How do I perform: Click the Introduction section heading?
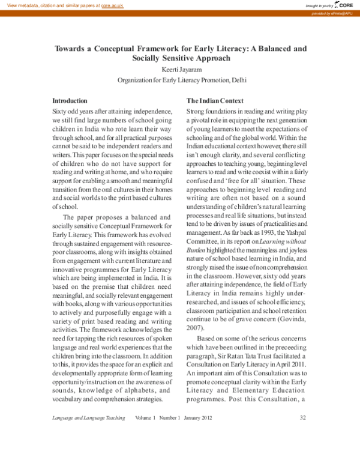pos(70,100)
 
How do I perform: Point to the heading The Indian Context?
pos(215,100)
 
